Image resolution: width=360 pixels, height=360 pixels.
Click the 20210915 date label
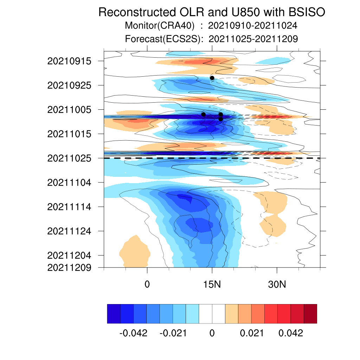tap(69, 61)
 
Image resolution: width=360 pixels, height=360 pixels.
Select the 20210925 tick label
tap(69, 85)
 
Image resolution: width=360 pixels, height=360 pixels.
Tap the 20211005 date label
tap(69, 110)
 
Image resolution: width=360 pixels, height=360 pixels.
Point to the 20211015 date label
tap(69, 134)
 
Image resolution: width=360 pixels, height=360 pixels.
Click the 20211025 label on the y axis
tap(69, 159)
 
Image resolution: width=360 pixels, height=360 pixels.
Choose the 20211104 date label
tap(69, 183)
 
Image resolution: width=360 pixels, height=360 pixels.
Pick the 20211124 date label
tap(69, 231)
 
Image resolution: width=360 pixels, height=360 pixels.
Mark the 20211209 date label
tap(69, 268)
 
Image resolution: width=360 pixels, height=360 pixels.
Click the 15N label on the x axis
tap(212, 284)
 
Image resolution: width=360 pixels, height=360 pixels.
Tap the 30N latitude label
tap(277, 284)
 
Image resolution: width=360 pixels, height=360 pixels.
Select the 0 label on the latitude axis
tap(147, 284)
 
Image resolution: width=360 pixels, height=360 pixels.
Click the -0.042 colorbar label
tap(133, 333)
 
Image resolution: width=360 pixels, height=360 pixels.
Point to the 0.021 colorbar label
tap(252, 333)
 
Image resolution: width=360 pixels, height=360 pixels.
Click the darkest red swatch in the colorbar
tap(310, 314)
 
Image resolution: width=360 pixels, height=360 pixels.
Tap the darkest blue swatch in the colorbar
tap(114, 314)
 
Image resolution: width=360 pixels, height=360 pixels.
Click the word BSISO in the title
tap(307, 12)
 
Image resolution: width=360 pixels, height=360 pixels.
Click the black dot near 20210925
tap(212, 78)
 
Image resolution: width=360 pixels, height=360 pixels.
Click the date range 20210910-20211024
tap(252, 25)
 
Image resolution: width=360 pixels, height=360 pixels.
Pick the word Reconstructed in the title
tap(137, 12)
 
